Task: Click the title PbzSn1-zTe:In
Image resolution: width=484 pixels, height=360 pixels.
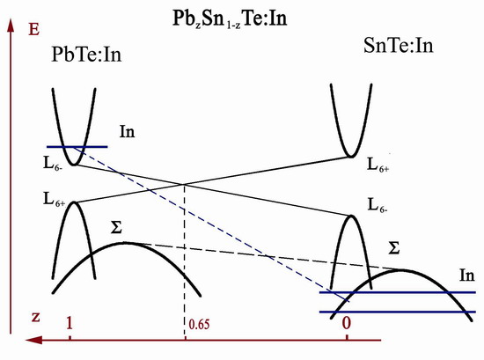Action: click(x=230, y=18)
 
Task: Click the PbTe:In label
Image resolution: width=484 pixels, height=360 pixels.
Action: click(x=86, y=55)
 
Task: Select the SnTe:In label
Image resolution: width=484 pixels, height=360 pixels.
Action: click(x=399, y=45)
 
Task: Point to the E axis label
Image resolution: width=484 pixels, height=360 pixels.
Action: click(x=33, y=30)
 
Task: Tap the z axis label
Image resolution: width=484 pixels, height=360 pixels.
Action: click(x=36, y=317)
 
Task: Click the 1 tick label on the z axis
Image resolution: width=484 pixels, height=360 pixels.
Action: click(x=70, y=323)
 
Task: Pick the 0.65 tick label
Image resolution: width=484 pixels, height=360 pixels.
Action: click(x=199, y=324)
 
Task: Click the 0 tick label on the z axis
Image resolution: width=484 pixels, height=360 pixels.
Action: click(x=347, y=323)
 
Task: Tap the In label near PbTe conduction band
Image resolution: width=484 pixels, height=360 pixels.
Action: click(x=128, y=131)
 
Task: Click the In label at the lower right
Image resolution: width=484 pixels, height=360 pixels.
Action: click(x=467, y=276)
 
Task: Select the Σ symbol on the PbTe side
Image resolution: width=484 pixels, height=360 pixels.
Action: click(x=116, y=228)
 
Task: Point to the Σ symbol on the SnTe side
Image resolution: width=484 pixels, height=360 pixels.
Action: click(x=394, y=247)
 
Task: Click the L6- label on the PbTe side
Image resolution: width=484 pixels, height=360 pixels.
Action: click(x=53, y=164)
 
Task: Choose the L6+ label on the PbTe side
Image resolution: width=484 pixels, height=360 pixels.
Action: click(x=54, y=200)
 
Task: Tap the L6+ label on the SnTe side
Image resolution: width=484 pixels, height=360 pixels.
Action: click(x=378, y=165)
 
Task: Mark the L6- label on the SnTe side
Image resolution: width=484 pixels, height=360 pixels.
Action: click(x=378, y=205)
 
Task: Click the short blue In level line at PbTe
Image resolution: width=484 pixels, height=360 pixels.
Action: click(x=77, y=147)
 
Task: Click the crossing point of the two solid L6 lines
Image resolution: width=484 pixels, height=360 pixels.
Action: click(x=185, y=184)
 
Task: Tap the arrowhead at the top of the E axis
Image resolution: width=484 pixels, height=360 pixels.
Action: click(x=11, y=26)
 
